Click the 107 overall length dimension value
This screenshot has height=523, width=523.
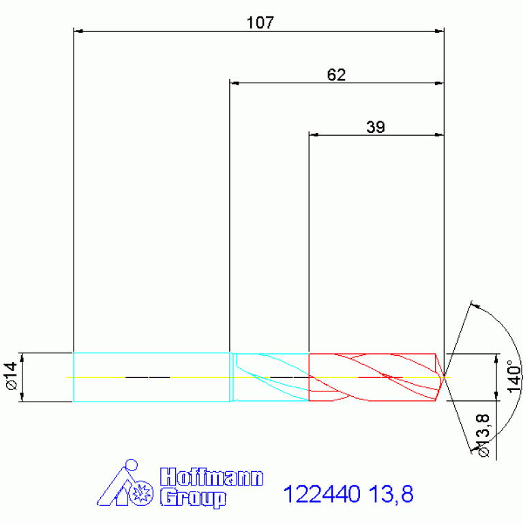point(260,23)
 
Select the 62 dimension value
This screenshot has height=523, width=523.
point(336,75)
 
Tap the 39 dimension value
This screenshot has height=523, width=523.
point(376,127)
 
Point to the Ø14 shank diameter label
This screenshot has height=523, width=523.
point(12,376)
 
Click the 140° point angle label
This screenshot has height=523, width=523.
point(514,376)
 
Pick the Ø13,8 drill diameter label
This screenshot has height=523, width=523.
point(483,435)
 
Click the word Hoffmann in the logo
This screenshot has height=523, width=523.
point(211,477)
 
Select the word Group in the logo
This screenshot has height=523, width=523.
point(193,498)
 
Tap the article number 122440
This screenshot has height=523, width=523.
point(322,494)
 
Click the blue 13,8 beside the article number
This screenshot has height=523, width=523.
point(391,494)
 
